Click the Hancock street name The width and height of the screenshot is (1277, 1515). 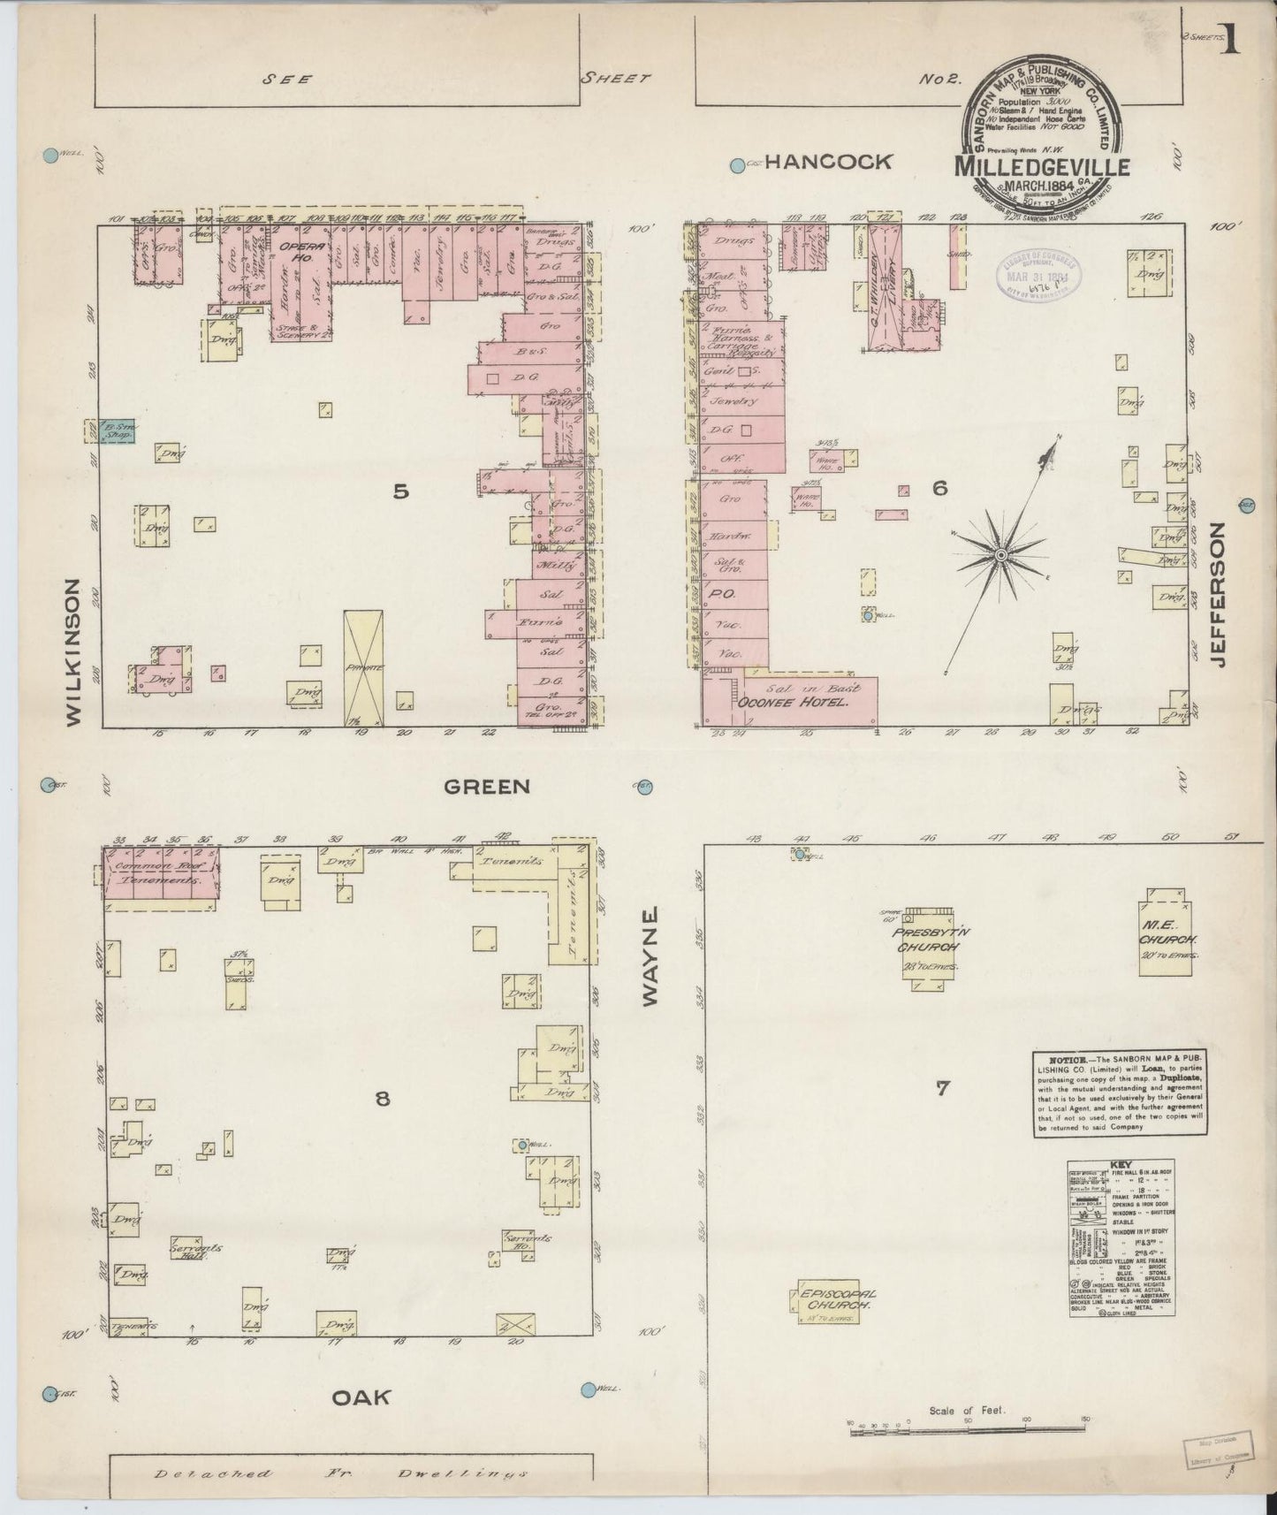click(828, 162)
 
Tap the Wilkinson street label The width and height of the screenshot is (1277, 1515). click(73, 652)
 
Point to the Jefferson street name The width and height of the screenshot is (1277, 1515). click(1220, 594)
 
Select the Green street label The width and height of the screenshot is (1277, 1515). click(487, 786)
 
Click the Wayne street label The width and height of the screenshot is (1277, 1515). click(651, 955)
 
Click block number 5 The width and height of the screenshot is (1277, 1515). click(401, 492)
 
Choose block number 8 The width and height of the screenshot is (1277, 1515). click(382, 1099)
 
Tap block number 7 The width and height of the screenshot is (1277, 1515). click(942, 1088)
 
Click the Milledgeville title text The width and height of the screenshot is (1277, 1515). click(1030, 166)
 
